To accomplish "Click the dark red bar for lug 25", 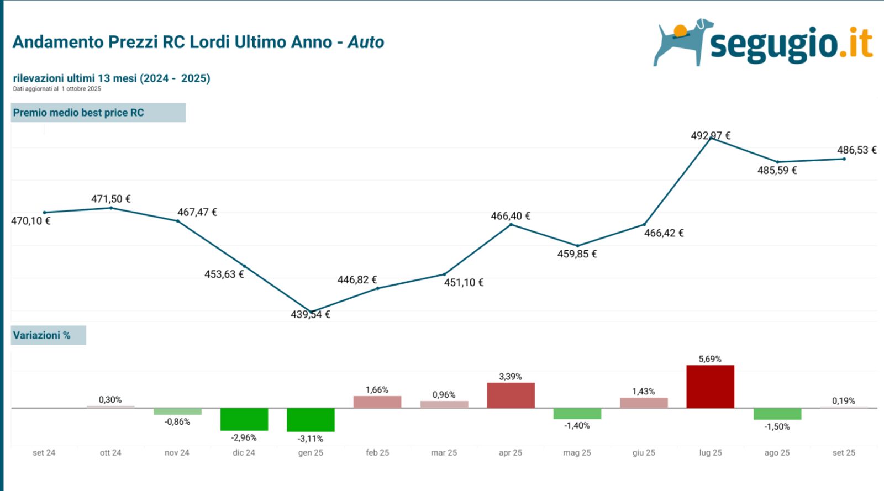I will (x=710, y=387).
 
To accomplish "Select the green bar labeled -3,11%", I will (x=311, y=420).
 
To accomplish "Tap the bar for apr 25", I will (x=511, y=395).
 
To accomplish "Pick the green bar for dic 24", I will (x=244, y=419).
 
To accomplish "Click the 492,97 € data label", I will (x=711, y=135).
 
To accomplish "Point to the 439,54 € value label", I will (x=311, y=314).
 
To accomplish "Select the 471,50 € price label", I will (x=111, y=199).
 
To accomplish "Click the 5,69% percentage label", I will (x=710, y=359).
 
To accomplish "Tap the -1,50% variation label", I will (x=777, y=426).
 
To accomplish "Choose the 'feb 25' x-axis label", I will (x=377, y=452).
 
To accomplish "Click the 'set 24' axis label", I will (x=44, y=452).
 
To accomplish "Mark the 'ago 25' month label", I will (x=777, y=452).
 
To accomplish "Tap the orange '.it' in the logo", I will (x=856, y=44).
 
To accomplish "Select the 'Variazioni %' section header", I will (x=42, y=335).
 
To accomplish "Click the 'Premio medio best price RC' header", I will (x=78, y=113).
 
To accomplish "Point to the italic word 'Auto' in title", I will (x=366, y=43).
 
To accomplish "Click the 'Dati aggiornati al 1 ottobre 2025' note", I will (x=57, y=89).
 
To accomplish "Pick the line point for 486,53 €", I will (x=844, y=159).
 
